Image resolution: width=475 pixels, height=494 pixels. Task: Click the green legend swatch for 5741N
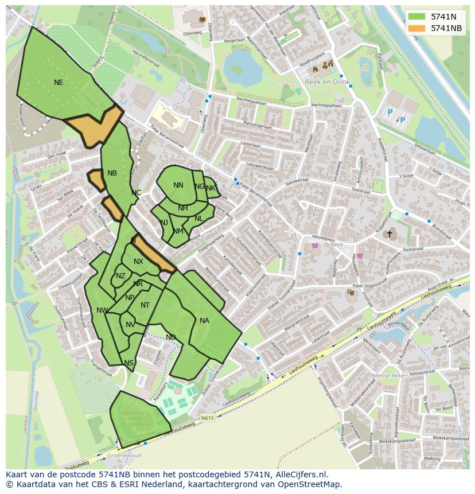(x=417, y=17)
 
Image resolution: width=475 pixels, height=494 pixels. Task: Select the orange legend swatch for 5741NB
(x=417, y=28)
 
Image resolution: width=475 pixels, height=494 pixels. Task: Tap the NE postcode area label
(x=59, y=83)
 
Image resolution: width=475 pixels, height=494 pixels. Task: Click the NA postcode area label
(x=204, y=321)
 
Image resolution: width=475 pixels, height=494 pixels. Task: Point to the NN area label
(x=178, y=185)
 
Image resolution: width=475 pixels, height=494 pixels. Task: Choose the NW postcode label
(x=102, y=310)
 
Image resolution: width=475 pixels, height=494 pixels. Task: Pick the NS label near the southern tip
(x=129, y=363)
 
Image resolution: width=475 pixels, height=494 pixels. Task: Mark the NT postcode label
(x=145, y=305)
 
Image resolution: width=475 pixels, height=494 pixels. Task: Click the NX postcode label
(x=138, y=262)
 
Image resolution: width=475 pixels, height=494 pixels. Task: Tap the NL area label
(x=198, y=219)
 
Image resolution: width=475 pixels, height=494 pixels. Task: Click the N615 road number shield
(x=207, y=418)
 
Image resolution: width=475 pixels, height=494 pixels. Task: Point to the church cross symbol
(x=390, y=234)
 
